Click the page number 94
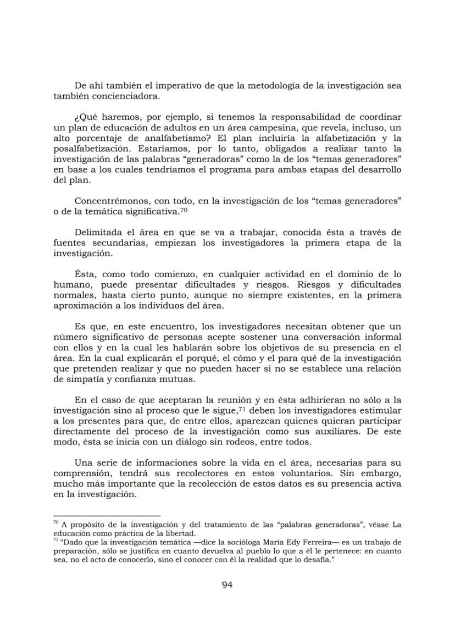tap(227, 585)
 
